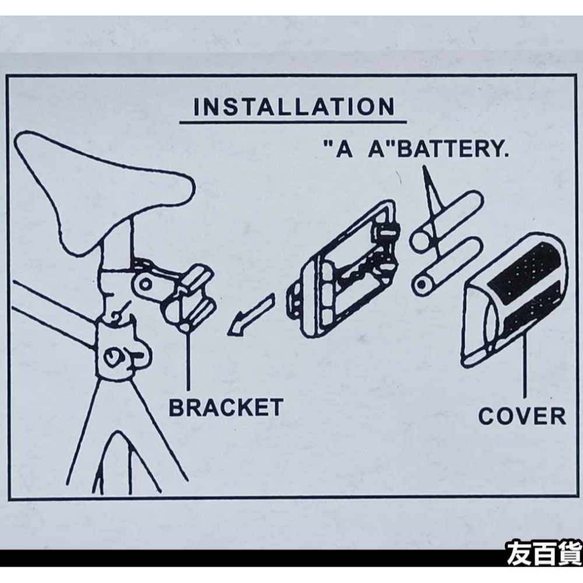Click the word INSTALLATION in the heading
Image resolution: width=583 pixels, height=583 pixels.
click(294, 107)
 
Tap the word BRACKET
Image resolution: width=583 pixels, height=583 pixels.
click(226, 408)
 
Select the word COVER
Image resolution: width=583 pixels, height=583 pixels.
click(522, 416)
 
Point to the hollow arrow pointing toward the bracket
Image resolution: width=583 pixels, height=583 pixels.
click(251, 315)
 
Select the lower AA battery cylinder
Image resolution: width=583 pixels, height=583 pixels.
click(448, 266)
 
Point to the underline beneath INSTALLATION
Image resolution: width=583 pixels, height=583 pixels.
click(293, 122)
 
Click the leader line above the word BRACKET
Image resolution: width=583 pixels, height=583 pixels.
click(188, 359)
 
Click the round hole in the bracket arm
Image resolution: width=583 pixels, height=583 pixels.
click(145, 285)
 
